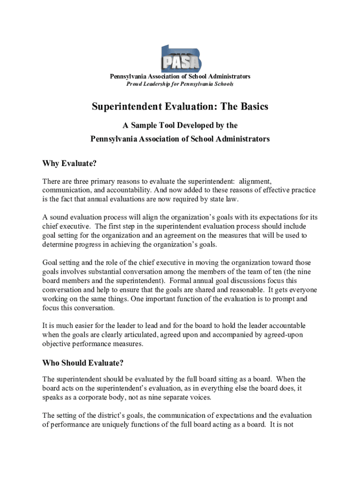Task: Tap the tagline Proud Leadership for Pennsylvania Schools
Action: [180, 84]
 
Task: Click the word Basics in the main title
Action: [252, 107]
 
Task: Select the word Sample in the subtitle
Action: [144, 125]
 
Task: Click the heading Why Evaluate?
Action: [69, 164]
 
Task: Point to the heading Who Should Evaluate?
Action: [83, 363]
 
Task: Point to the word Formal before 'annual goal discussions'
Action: [181, 281]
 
